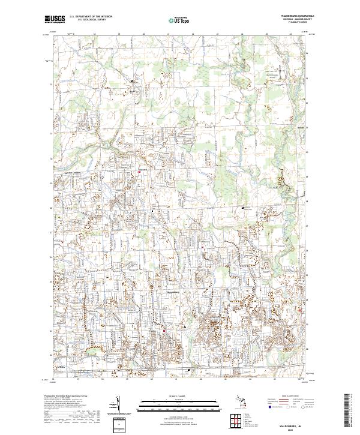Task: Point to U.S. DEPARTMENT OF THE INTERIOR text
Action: click(91, 17)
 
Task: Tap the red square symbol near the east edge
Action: click(299, 310)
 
